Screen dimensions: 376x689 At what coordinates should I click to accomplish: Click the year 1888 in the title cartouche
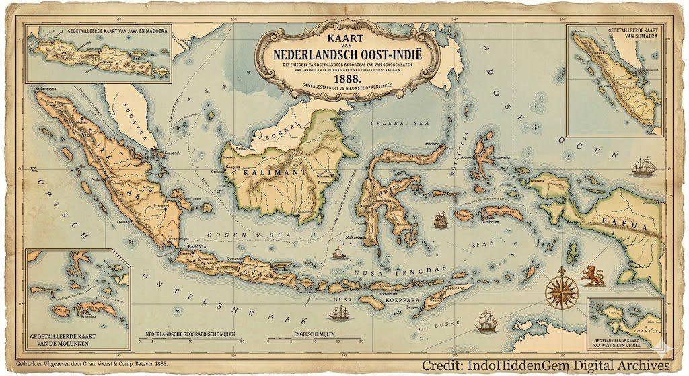click(x=344, y=77)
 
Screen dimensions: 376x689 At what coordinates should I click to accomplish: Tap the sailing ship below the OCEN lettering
click(x=644, y=165)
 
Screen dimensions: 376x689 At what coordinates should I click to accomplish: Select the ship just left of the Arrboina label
click(x=441, y=218)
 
